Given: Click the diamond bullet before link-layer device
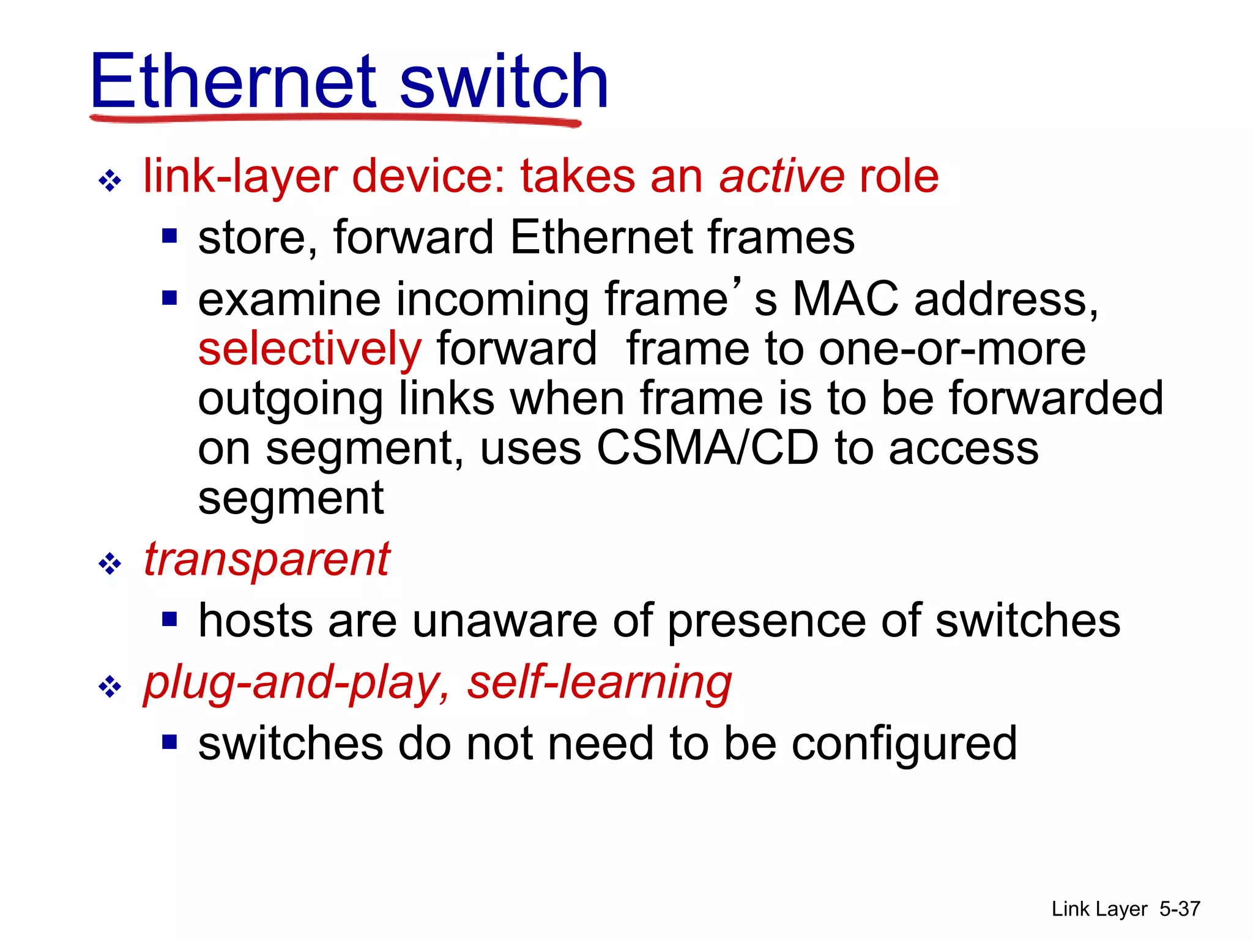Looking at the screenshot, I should pos(110,181).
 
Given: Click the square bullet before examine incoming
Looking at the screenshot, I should pos(169,298).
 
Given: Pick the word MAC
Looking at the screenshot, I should pos(846,299).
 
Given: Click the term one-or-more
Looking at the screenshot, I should pos(952,349).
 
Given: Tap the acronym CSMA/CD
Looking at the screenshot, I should pos(707,447).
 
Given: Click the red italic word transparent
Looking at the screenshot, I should pos(267,559).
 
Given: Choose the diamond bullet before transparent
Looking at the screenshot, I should pos(110,564).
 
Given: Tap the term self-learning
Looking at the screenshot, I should pos(600,684).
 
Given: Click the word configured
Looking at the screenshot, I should pos(904,745).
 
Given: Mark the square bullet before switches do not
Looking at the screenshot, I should pos(169,742).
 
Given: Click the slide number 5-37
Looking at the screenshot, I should pos(1180,909).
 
